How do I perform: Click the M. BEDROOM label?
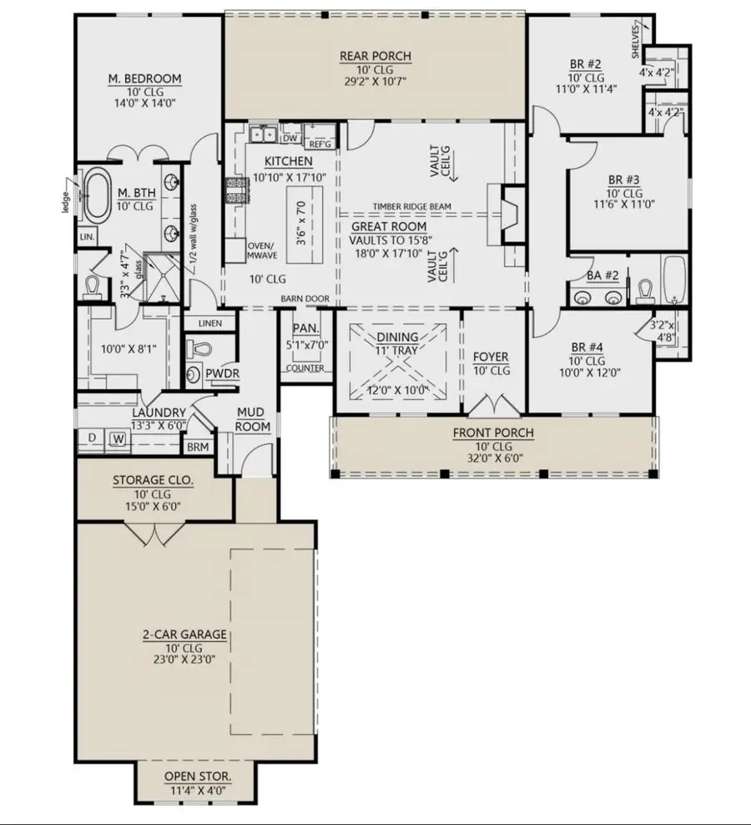click(x=144, y=79)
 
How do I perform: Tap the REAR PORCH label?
click(x=375, y=56)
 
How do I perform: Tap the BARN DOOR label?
click(x=306, y=299)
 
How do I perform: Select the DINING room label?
click(x=398, y=337)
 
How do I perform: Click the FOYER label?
click(x=491, y=357)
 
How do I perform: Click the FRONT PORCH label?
click(x=492, y=433)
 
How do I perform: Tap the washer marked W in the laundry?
click(x=118, y=438)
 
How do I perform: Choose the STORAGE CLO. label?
click(x=153, y=480)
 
